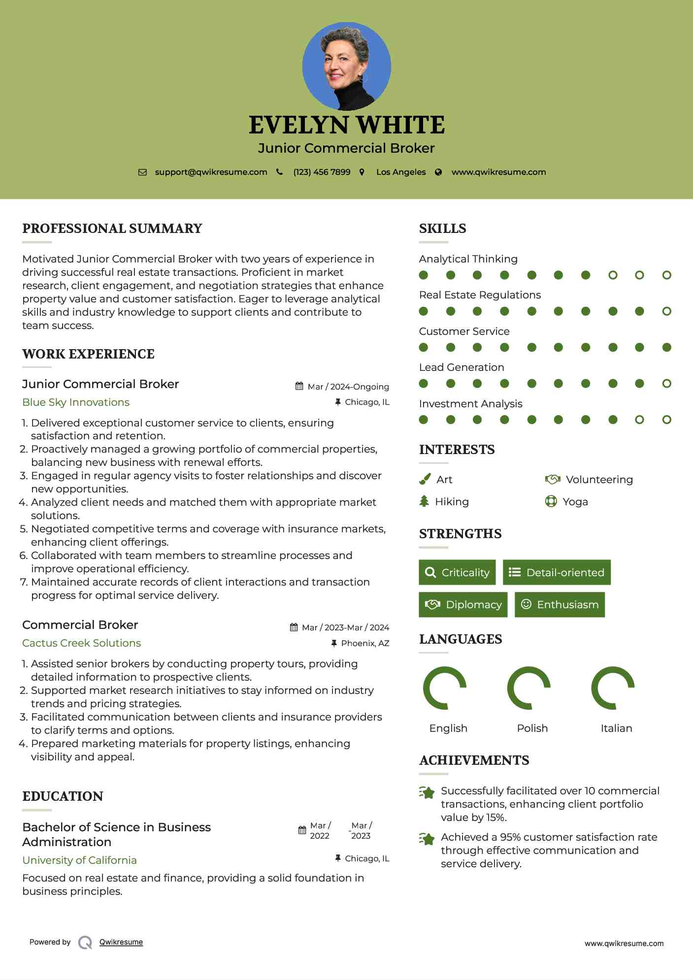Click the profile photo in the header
click(346, 66)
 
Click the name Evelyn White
click(346, 125)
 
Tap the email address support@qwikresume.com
click(211, 172)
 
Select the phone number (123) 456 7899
click(322, 172)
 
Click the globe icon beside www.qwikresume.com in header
click(438, 172)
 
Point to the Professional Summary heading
click(112, 229)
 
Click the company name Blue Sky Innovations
click(76, 402)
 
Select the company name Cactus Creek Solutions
click(81, 643)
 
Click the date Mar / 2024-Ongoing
click(348, 387)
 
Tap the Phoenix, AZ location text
click(365, 643)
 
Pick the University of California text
click(79, 860)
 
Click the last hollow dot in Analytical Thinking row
click(666, 275)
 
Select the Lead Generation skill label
click(462, 367)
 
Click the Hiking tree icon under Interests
click(424, 501)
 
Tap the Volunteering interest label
click(599, 480)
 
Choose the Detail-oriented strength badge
click(557, 572)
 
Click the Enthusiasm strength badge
click(560, 605)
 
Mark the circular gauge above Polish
click(529, 688)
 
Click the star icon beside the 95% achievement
click(427, 838)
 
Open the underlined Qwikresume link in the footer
click(121, 942)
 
